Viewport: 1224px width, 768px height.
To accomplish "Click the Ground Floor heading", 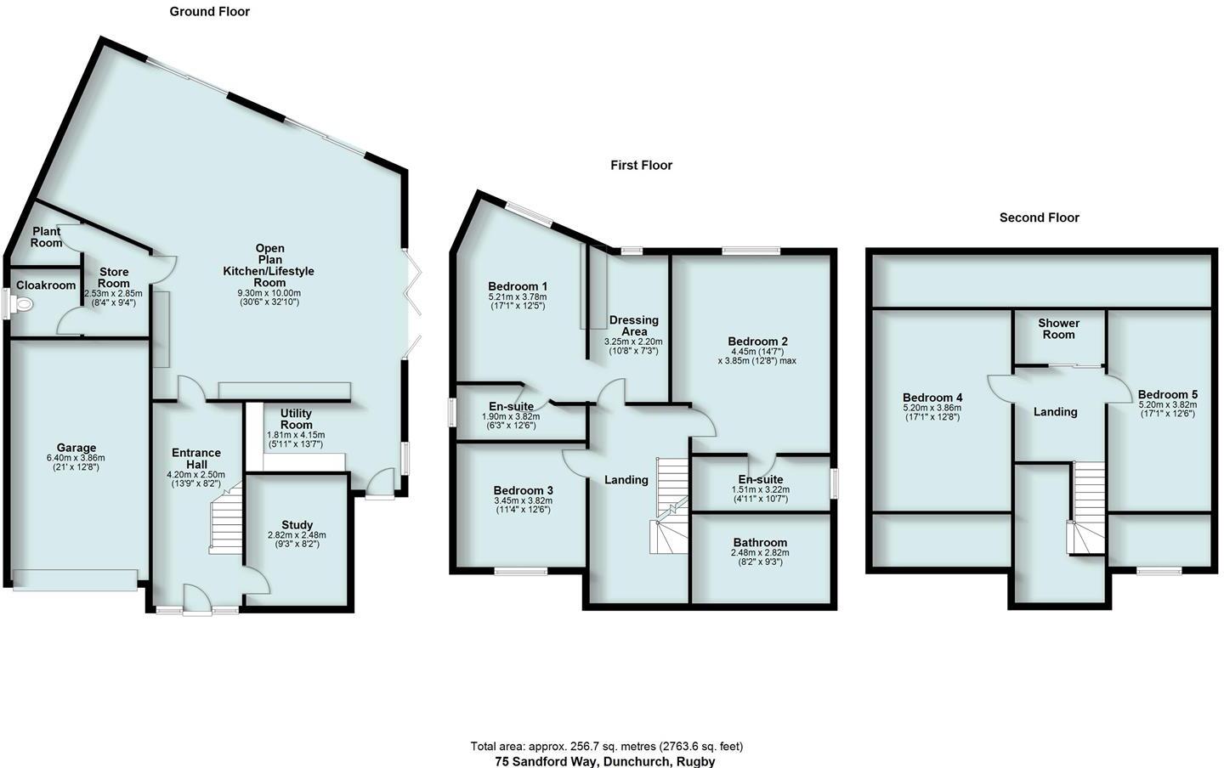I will click(209, 11).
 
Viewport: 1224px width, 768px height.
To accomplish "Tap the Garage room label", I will click(76, 448).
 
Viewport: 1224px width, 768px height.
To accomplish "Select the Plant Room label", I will click(47, 237).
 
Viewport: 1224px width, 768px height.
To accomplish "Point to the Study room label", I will click(297, 524).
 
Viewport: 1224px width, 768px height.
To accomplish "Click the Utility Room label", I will click(296, 418).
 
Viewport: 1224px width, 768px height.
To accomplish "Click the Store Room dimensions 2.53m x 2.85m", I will click(114, 293).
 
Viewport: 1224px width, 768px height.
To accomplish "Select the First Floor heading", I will click(641, 165).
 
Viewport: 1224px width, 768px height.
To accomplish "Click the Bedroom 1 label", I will click(517, 285).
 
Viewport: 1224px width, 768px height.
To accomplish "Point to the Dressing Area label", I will click(633, 326).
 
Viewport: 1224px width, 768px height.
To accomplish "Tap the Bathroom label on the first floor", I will click(760, 542).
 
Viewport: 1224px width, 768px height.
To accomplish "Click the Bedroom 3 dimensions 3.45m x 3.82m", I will click(523, 500).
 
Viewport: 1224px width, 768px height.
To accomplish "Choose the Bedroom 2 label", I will click(757, 342).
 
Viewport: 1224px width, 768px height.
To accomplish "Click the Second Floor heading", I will click(1039, 217).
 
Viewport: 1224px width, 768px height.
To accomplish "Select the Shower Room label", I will click(1058, 329).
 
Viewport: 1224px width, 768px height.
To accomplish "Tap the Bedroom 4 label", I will click(932, 398).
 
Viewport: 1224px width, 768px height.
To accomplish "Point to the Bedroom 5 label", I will click(1167, 394).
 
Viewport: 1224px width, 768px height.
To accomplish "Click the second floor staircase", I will click(1087, 510).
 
